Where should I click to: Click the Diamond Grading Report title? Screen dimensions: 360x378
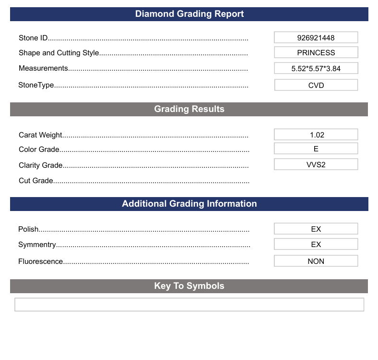pos(189,14)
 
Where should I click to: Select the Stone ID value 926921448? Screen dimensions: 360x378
pos(316,37)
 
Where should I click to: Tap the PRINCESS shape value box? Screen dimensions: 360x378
pos(316,53)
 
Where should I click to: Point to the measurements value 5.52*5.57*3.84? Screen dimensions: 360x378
pos(316,68)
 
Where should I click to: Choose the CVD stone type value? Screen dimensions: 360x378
pos(316,85)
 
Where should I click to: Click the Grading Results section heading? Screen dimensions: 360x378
pos(189,109)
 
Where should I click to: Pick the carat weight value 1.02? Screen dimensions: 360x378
pos(316,135)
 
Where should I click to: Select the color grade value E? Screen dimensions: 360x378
pos(316,149)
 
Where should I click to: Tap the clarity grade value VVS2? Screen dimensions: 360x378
pos(316,164)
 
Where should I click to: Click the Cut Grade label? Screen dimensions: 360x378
pos(36,181)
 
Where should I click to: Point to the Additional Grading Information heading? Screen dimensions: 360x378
pos(189,204)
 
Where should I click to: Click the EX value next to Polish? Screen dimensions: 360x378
pos(316,229)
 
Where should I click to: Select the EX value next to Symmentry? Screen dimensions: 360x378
pos(316,244)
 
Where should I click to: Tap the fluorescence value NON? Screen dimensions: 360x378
pos(316,261)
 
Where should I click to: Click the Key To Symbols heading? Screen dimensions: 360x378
pos(189,286)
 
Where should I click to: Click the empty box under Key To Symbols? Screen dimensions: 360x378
pos(189,304)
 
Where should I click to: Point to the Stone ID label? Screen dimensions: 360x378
pos(33,38)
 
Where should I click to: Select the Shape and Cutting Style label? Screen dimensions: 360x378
pos(59,53)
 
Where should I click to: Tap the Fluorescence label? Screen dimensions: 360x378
pos(41,261)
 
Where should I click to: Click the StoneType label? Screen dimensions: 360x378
pos(36,85)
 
